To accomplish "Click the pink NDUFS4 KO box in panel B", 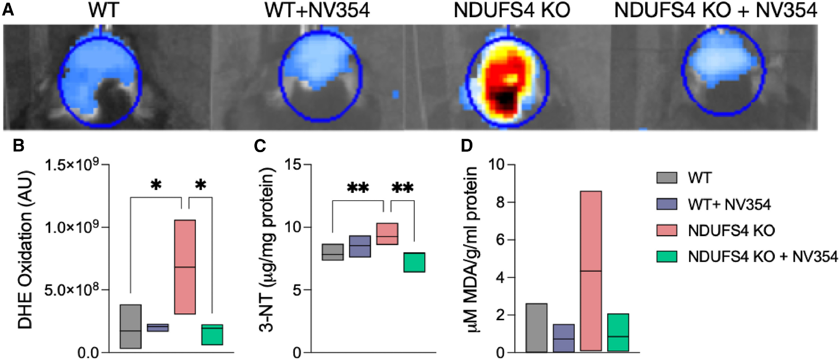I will [x=185, y=267].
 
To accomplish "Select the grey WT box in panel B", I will [x=131, y=326].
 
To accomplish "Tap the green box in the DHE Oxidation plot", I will [x=212, y=335].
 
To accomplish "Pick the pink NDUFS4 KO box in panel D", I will [x=591, y=271].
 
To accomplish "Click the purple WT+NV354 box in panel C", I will [x=360, y=246].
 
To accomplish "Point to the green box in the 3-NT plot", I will [x=414, y=262].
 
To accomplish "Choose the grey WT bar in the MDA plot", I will [x=536, y=328].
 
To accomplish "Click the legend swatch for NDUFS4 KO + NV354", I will [x=667, y=256].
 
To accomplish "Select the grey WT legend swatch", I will [x=667, y=178].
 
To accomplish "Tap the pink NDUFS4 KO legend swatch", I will [x=667, y=230].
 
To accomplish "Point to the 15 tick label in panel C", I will [x=293, y=164].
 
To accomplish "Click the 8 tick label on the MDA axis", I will [x=500, y=202].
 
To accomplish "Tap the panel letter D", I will [x=467, y=146].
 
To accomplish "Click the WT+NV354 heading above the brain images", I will [x=317, y=11].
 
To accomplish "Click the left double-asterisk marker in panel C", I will [x=358, y=188].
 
